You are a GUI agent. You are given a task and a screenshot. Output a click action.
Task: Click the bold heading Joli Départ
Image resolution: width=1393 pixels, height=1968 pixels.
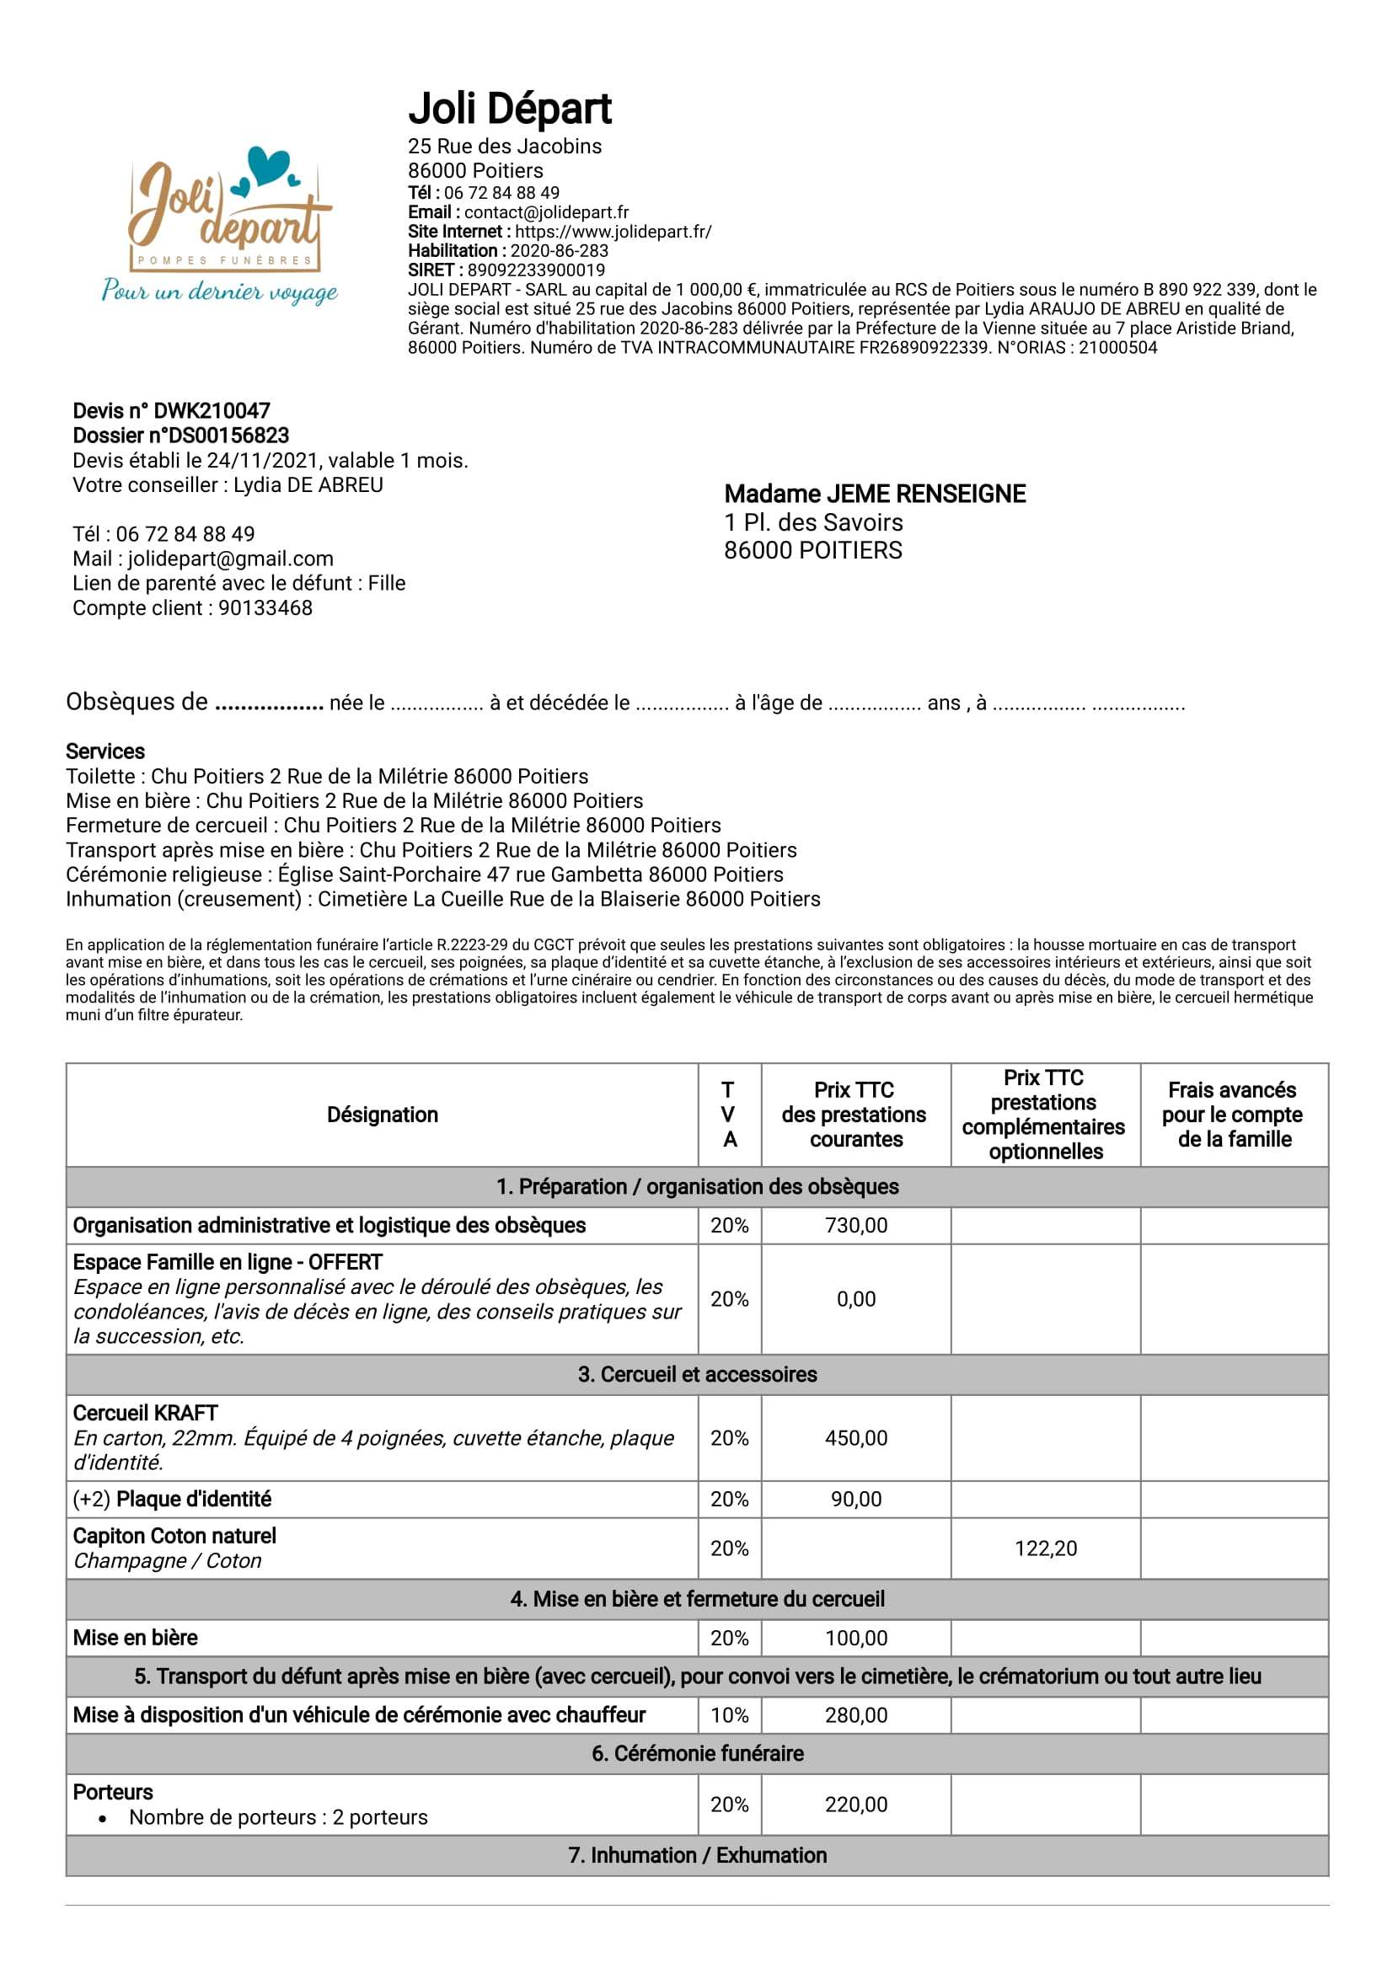click(x=510, y=109)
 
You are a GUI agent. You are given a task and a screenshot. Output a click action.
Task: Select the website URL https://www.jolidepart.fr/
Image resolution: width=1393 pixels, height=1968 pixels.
click(x=613, y=232)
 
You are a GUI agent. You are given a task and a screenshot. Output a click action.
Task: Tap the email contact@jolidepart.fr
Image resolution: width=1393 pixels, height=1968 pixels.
click(x=545, y=211)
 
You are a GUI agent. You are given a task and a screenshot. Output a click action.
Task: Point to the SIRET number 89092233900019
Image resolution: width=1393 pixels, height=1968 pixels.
click(x=535, y=270)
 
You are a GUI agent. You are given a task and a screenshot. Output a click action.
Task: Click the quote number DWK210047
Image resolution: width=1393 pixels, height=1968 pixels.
click(x=212, y=411)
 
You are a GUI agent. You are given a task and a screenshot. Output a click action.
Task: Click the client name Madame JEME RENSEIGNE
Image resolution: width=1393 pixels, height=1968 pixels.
click(x=874, y=494)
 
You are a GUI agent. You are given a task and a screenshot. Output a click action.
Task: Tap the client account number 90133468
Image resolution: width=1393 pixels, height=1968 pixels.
click(x=265, y=608)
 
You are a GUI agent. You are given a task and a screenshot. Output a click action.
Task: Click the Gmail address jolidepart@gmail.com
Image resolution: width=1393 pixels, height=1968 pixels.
click(x=230, y=559)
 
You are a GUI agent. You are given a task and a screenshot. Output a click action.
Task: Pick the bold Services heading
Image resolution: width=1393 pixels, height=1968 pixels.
click(x=105, y=751)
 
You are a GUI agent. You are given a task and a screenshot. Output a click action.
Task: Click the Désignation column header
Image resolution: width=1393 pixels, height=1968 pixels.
click(x=382, y=1115)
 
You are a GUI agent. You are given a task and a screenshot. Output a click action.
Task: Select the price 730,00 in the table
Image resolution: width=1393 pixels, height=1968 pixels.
click(x=855, y=1226)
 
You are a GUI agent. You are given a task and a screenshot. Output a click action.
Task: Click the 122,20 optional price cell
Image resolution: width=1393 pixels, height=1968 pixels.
click(x=1045, y=1548)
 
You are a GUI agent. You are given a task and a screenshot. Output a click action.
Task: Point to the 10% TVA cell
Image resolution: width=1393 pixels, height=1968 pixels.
click(x=729, y=1715)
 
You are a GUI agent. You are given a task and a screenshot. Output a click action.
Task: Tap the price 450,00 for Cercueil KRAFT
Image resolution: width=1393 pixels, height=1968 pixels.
click(x=855, y=1438)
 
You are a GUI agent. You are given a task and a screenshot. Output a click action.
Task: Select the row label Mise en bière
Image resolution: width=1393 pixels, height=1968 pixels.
click(x=136, y=1638)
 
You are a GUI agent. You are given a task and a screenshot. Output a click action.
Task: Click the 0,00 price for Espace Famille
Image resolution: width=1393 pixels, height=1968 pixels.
click(x=855, y=1299)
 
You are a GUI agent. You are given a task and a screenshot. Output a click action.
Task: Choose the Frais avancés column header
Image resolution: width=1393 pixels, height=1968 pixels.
click(x=1233, y=1115)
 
